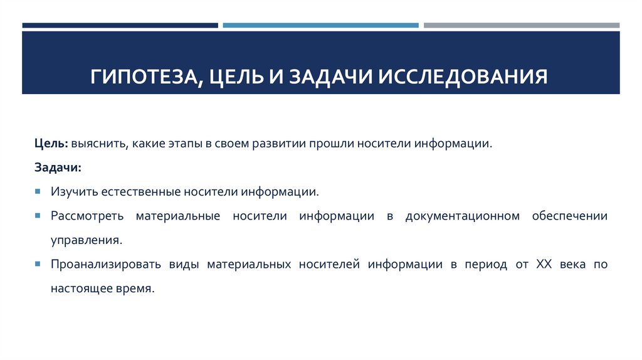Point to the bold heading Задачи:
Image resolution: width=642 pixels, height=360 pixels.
pyautogui.click(x=58, y=167)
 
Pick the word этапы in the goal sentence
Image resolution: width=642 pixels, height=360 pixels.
pyautogui.click(x=187, y=144)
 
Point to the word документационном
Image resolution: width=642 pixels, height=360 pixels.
pyautogui.click(x=463, y=216)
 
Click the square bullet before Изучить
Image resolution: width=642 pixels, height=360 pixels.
pyautogui.click(x=38, y=191)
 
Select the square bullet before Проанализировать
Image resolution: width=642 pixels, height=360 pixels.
pyautogui.click(x=38, y=265)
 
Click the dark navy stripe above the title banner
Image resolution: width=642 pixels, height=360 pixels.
pyautogui.click(x=120, y=25)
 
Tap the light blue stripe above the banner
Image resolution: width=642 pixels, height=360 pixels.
pyautogui.click(x=320, y=25)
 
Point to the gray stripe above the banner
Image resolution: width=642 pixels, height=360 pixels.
pyautogui.click(x=521, y=25)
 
